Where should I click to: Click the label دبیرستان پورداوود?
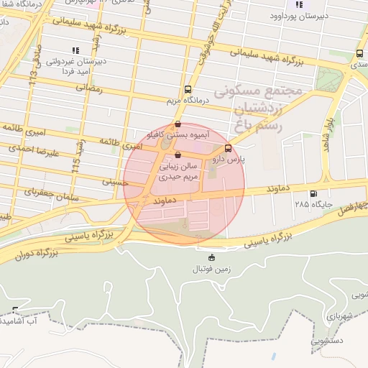coord(313,15)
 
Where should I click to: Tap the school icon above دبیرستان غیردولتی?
coord(75,50)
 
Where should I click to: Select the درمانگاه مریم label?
coord(188,101)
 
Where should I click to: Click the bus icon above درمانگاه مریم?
coord(188,91)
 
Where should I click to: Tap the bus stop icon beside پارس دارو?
coord(228,149)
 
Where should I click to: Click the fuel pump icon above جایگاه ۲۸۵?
coord(312,193)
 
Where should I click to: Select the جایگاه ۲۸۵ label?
coord(310,204)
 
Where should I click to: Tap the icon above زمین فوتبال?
coord(211,258)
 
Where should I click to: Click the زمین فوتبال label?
coord(211,269)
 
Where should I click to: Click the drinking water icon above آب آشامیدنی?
coord(16,310)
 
